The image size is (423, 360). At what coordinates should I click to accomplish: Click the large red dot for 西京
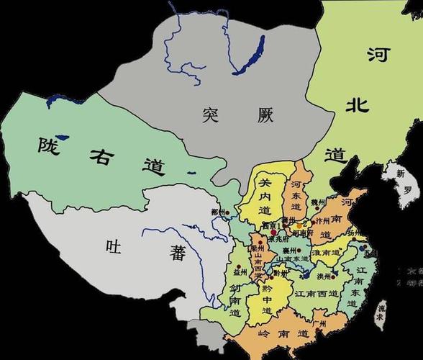(x=273, y=232)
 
